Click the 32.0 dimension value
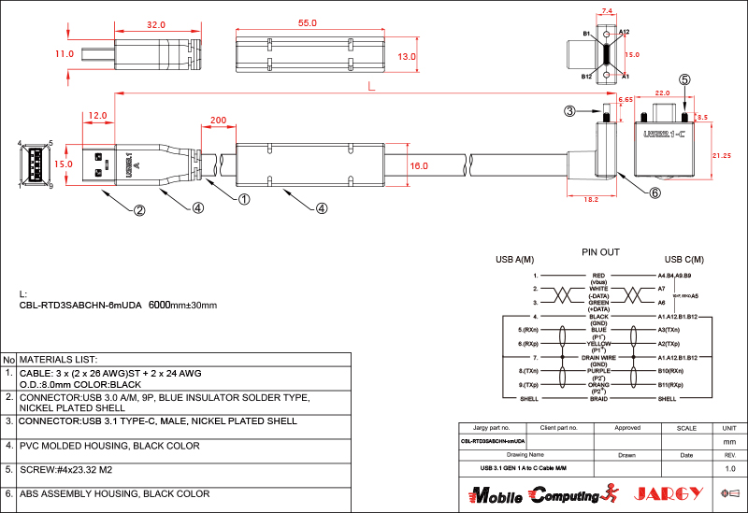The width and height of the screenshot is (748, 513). tap(156, 24)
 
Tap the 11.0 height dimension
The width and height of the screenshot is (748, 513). tap(64, 54)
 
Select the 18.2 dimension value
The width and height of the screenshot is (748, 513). tap(590, 199)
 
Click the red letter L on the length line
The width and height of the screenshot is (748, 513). tap(373, 86)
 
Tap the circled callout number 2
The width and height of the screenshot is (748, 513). tap(138, 210)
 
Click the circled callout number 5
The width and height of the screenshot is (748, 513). tap(684, 80)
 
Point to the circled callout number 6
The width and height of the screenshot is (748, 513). tap(654, 192)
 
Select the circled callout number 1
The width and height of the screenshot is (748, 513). tap(244, 198)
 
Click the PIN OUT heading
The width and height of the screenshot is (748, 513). tap(600, 252)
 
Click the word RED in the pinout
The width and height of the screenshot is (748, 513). tap(599, 276)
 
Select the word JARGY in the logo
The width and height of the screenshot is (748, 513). tap(667, 492)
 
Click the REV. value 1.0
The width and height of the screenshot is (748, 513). tap(730, 467)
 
